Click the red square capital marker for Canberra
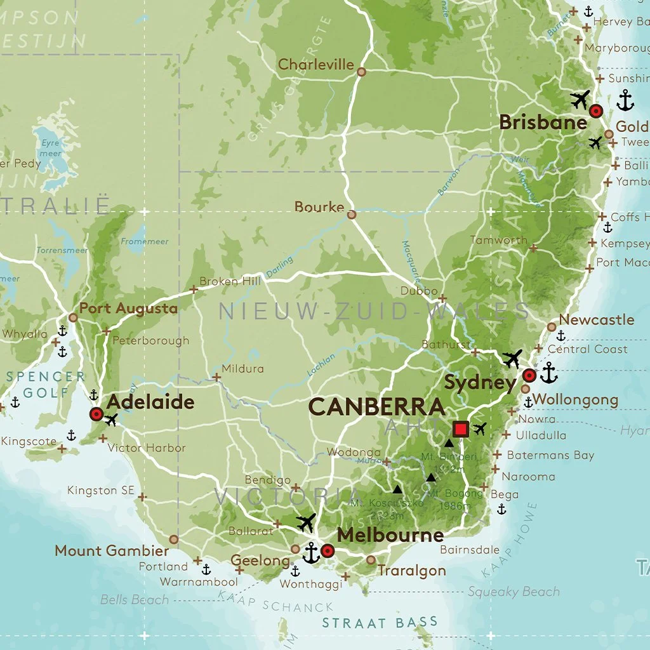[x=461, y=428]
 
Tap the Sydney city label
[x=480, y=383]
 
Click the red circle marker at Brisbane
[x=595, y=111]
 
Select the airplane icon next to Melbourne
[x=306, y=523]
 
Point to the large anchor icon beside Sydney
[x=548, y=373]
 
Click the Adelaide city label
[x=150, y=402]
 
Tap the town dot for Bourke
[x=352, y=215]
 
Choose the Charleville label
[x=316, y=65]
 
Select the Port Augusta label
[x=128, y=308]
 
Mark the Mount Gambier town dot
[x=173, y=539]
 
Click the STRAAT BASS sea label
[x=380, y=622]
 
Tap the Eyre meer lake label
[x=51, y=149]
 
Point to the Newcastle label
[x=596, y=320]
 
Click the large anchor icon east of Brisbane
[x=626, y=100]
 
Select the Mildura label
[x=242, y=368]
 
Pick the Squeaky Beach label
[x=514, y=592]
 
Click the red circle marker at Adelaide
[x=96, y=415]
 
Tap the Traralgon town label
[x=412, y=570]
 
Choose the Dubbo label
[x=419, y=291]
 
